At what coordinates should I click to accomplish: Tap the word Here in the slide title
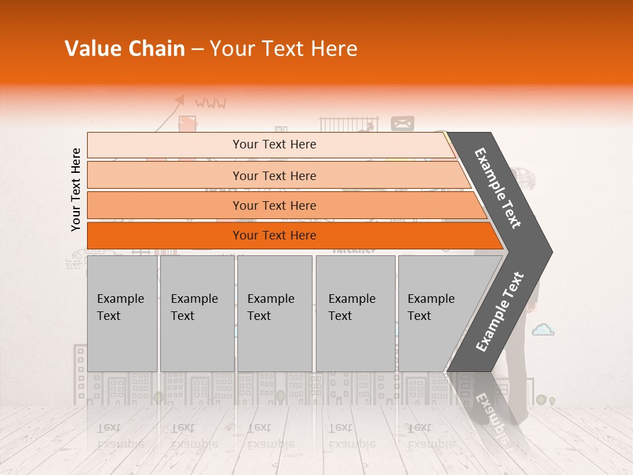pyautogui.click(x=333, y=49)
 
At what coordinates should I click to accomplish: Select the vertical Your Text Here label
pyautogui.click(x=76, y=189)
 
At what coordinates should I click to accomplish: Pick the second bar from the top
pyautogui.click(x=274, y=175)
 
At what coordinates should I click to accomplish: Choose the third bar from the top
pyautogui.click(x=274, y=205)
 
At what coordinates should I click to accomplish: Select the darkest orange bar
pyautogui.click(x=274, y=236)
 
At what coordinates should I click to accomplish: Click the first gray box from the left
pyautogui.click(x=122, y=313)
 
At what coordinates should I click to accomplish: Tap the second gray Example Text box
pyautogui.click(x=197, y=313)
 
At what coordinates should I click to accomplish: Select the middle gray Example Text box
pyautogui.click(x=274, y=313)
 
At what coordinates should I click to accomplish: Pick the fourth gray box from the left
pyautogui.click(x=355, y=313)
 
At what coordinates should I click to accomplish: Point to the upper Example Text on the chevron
pyautogui.click(x=498, y=188)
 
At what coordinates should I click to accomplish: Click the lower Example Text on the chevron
pyautogui.click(x=500, y=312)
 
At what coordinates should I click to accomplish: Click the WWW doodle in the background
pyautogui.click(x=210, y=104)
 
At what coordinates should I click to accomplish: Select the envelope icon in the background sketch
pyautogui.click(x=402, y=123)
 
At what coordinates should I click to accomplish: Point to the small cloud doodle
pyautogui.click(x=543, y=329)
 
